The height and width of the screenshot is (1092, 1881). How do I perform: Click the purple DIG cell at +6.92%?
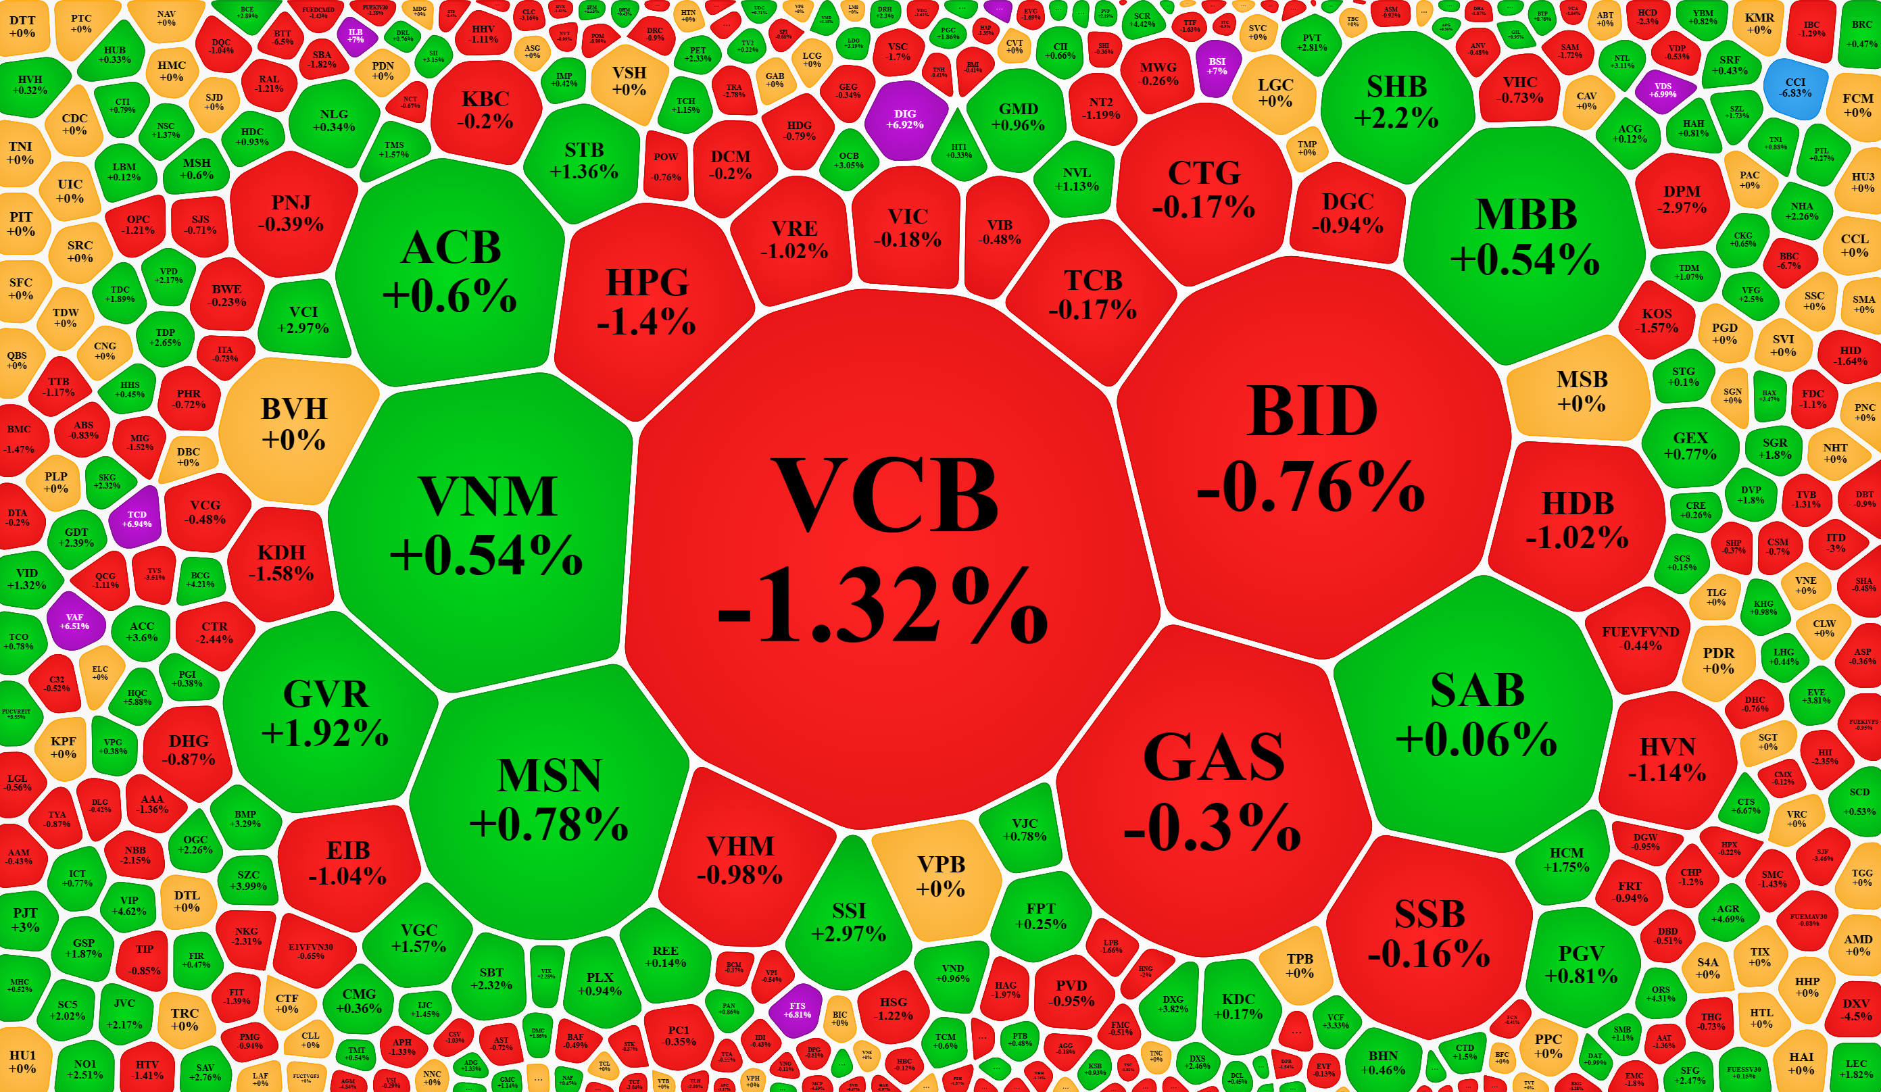click(904, 120)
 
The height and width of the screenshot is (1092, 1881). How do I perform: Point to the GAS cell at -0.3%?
click(1213, 791)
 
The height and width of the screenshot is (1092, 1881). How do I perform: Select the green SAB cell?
click(1476, 713)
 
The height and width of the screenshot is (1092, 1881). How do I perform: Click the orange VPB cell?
click(941, 875)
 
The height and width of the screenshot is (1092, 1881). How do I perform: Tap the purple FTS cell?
click(797, 1010)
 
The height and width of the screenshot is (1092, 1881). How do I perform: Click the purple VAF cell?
click(74, 621)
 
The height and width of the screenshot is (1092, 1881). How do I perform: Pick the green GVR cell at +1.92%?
click(326, 713)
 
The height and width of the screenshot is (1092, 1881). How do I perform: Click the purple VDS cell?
click(1662, 91)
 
